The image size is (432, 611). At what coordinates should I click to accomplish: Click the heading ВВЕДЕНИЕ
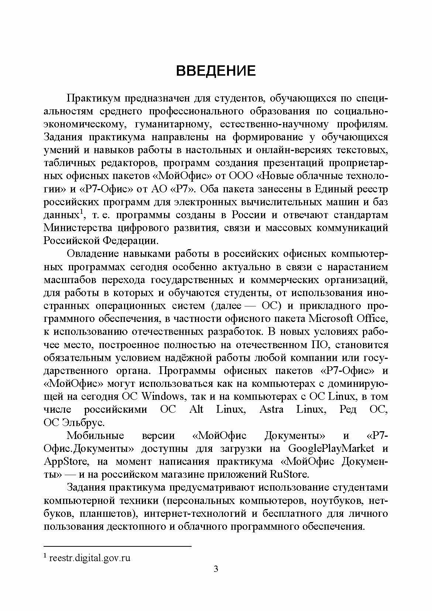click(x=216, y=71)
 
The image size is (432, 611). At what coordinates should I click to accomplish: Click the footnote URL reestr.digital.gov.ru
click(x=90, y=558)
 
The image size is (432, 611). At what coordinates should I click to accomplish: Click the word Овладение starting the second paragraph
click(x=95, y=254)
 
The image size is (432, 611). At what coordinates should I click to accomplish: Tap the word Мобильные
click(x=95, y=436)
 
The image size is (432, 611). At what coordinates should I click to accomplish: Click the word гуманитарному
click(x=174, y=124)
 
